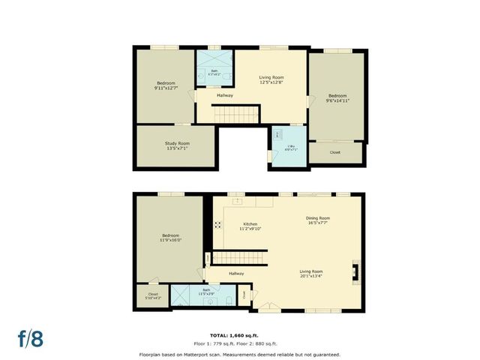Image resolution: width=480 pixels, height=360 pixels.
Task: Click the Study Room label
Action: pos(177,145)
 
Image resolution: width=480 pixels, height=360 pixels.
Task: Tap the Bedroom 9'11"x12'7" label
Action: pos(166,85)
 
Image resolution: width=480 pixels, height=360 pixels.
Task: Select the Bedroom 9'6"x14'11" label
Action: pos(337,98)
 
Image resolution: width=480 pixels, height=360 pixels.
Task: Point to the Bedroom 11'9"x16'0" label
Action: pos(169,238)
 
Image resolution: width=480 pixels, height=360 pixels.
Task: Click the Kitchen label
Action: pos(250,226)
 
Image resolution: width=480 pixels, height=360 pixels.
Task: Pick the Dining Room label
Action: pos(318,220)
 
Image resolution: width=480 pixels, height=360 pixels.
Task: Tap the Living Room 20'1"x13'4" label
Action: pos(311,274)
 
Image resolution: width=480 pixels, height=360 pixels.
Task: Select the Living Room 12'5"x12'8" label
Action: pos(271,79)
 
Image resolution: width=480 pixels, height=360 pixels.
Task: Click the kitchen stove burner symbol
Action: pos(217,223)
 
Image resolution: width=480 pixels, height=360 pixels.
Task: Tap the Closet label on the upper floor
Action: pos(335,152)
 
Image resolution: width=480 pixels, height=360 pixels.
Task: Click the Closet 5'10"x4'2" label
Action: pos(153,295)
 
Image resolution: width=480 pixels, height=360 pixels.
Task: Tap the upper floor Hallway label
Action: pos(225,95)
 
